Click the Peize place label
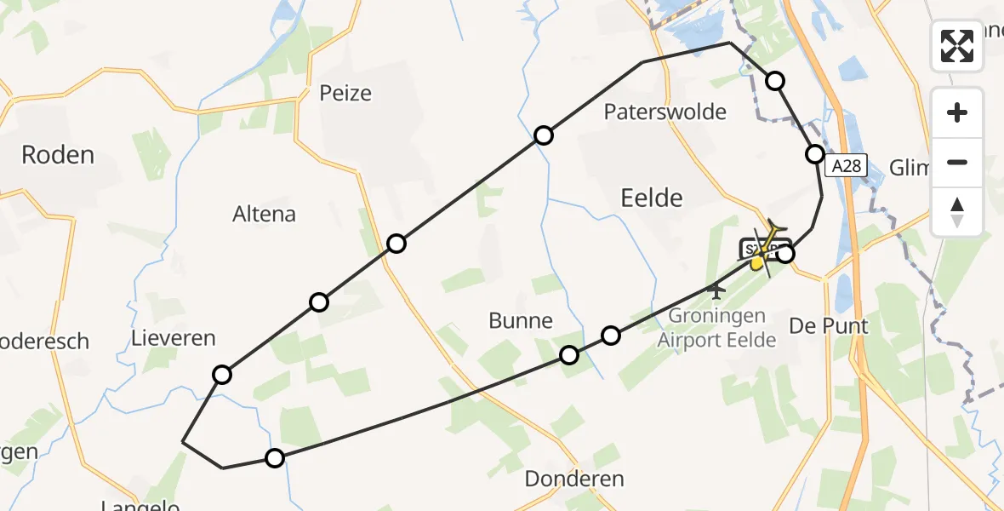(345, 93)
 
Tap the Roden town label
(58, 155)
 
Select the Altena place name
(264, 214)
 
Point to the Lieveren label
(174, 339)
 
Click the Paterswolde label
(665, 112)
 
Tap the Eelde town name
(652, 198)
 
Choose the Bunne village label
(521, 321)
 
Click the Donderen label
(574, 479)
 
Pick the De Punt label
(829, 325)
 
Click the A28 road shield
(847, 167)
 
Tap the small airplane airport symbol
(716, 291)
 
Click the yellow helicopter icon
(765, 248)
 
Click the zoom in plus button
(957, 112)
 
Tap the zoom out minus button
(957, 163)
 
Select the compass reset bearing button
(957, 212)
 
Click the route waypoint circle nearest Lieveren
(222, 374)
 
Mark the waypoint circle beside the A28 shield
(815, 154)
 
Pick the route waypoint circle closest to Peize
(396, 244)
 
